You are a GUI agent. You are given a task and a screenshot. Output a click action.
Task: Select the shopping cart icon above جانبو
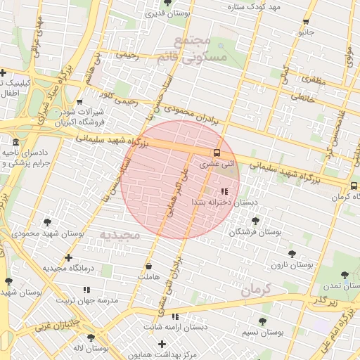305,22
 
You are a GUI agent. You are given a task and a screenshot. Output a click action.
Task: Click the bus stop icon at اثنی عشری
217,153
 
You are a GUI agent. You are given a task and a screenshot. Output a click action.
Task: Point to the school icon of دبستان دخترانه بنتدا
224,191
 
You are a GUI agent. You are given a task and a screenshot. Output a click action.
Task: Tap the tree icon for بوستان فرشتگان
255,221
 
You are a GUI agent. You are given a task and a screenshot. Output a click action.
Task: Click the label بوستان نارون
290,266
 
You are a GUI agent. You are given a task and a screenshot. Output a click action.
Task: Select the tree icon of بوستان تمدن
344,276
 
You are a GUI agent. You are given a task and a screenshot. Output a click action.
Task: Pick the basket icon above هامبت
148,266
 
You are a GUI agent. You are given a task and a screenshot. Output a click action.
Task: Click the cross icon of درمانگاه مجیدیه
68,257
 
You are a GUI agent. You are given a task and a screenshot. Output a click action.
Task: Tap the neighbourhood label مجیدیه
120,234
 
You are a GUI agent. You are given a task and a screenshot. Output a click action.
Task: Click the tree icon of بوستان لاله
91,337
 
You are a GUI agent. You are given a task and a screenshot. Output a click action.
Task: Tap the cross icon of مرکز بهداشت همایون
162,344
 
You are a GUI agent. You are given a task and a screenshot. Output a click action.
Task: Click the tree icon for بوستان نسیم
262,321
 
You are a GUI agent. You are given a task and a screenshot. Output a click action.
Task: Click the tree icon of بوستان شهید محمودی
48,222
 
